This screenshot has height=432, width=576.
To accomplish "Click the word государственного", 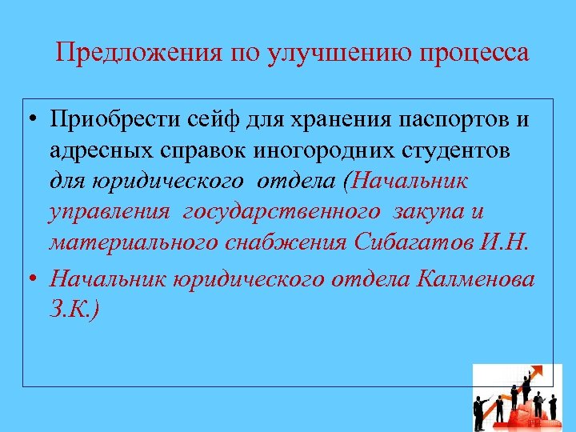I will point(282,212).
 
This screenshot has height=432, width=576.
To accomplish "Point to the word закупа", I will point(428,212).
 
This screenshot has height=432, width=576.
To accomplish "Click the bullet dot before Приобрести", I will point(30,122).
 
